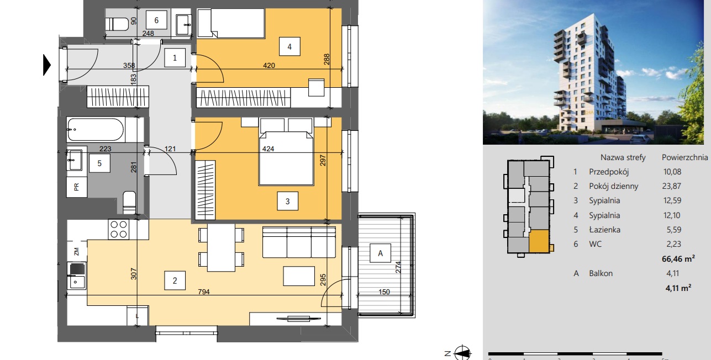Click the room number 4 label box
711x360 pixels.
pyautogui.click(x=289, y=46)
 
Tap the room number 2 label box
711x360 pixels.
pyautogui.click(x=175, y=280)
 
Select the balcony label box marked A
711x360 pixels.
pyautogui.click(x=380, y=253)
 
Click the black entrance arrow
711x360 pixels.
pyautogui.click(x=47, y=65)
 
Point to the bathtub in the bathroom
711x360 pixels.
pyautogui.click(x=96, y=130)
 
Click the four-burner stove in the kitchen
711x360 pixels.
pyautogui.click(x=119, y=229)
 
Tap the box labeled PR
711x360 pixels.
pyautogui.click(x=76, y=187)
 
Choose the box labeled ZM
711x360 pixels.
pyautogui.click(x=76, y=252)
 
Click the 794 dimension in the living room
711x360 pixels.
pyautogui.click(x=204, y=292)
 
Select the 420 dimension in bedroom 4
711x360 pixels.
pyautogui.click(x=269, y=65)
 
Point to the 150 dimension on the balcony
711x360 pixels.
pyautogui.click(x=384, y=292)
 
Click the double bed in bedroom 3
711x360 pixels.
pyautogui.click(x=286, y=152)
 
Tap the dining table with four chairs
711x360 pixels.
pyautogui.click(x=221, y=247)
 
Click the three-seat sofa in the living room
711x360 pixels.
pyautogui.click(x=299, y=242)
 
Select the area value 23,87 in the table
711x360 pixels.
pyautogui.click(x=672, y=186)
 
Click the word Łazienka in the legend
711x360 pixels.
pyautogui.click(x=604, y=230)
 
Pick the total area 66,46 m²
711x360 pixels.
pyautogui.click(x=678, y=259)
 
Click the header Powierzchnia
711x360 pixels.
pyautogui.click(x=684, y=157)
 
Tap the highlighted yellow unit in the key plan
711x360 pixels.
pyautogui.click(x=539, y=241)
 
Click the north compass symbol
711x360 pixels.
pyautogui.click(x=462, y=353)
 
